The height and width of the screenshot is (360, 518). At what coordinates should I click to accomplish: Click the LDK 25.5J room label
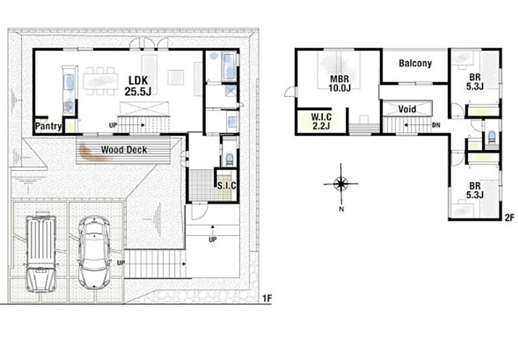pyautogui.click(x=138, y=86)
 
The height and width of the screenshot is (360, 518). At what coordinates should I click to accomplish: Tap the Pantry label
pyautogui.click(x=48, y=126)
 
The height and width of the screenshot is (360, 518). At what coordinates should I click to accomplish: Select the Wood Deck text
pyautogui.click(x=124, y=150)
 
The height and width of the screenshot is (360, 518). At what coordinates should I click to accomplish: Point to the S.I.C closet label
pyautogui.click(x=227, y=186)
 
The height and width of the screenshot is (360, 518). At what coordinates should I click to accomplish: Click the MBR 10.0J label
pyautogui.click(x=339, y=84)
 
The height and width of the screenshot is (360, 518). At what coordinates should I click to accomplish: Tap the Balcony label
pyautogui.click(x=415, y=63)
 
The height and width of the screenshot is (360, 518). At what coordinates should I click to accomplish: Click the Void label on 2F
pyautogui.click(x=407, y=109)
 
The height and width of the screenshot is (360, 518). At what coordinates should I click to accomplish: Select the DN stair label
pyautogui.click(x=436, y=126)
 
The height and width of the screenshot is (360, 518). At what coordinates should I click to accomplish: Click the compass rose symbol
pyautogui.click(x=341, y=183)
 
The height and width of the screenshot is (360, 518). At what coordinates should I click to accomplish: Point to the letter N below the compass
pyautogui.click(x=342, y=208)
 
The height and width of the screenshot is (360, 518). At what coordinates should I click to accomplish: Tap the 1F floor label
pyautogui.click(x=267, y=298)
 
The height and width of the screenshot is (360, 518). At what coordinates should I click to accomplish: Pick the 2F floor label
pyautogui.click(x=510, y=218)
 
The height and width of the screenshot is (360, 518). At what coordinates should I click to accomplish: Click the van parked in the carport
pyautogui.click(x=41, y=252)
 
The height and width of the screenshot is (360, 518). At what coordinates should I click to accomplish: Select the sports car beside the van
pyautogui.click(x=95, y=252)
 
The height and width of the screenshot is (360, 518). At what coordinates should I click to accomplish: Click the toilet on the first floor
pyautogui.click(x=229, y=159)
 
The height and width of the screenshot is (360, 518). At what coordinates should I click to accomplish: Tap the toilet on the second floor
pyautogui.click(x=492, y=137)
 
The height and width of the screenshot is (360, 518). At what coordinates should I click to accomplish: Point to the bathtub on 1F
pyautogui.click(x=229, y=67)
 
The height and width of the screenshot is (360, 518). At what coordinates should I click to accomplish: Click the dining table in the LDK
pyautogui.click(x=100, y=81)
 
